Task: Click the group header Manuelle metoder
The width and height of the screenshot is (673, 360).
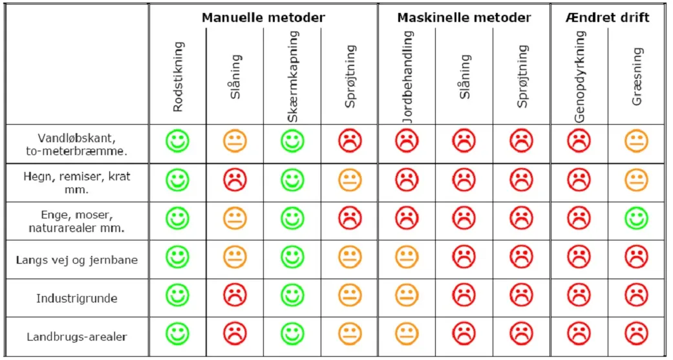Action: (x=263, y=17)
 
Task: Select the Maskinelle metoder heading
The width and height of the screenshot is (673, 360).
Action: (x=464, y=17)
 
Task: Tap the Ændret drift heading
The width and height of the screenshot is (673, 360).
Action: (x=608, y=17)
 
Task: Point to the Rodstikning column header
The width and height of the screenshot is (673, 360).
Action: (x=178, y=78)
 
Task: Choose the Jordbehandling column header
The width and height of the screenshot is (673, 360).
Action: (x=407, y=78)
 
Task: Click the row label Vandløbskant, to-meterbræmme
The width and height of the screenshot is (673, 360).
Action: (x=77, y=144)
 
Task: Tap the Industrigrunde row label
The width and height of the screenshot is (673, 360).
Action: (x=77, y=299)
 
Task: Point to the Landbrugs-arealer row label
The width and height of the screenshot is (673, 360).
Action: (x=77, y=337)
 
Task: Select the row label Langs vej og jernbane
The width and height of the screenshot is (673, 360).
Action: (x=77, y=260)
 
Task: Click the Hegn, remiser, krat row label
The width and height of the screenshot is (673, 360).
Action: (x=77, y=182)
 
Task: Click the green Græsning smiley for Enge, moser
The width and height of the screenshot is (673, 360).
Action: (x=637, y=218)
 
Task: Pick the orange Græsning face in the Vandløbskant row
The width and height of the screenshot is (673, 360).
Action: (x=637, y=141)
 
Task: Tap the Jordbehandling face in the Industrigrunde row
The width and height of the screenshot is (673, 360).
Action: (x=407, y=295)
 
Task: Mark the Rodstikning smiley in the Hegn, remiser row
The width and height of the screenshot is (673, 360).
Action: (x=177, y=180)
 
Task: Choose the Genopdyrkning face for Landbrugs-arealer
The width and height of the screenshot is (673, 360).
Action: (x=579, y=334)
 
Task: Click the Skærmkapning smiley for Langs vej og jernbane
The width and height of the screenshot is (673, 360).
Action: (x=292, y=257)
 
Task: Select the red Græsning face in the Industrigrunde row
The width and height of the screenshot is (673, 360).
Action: (x=637, y=295)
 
